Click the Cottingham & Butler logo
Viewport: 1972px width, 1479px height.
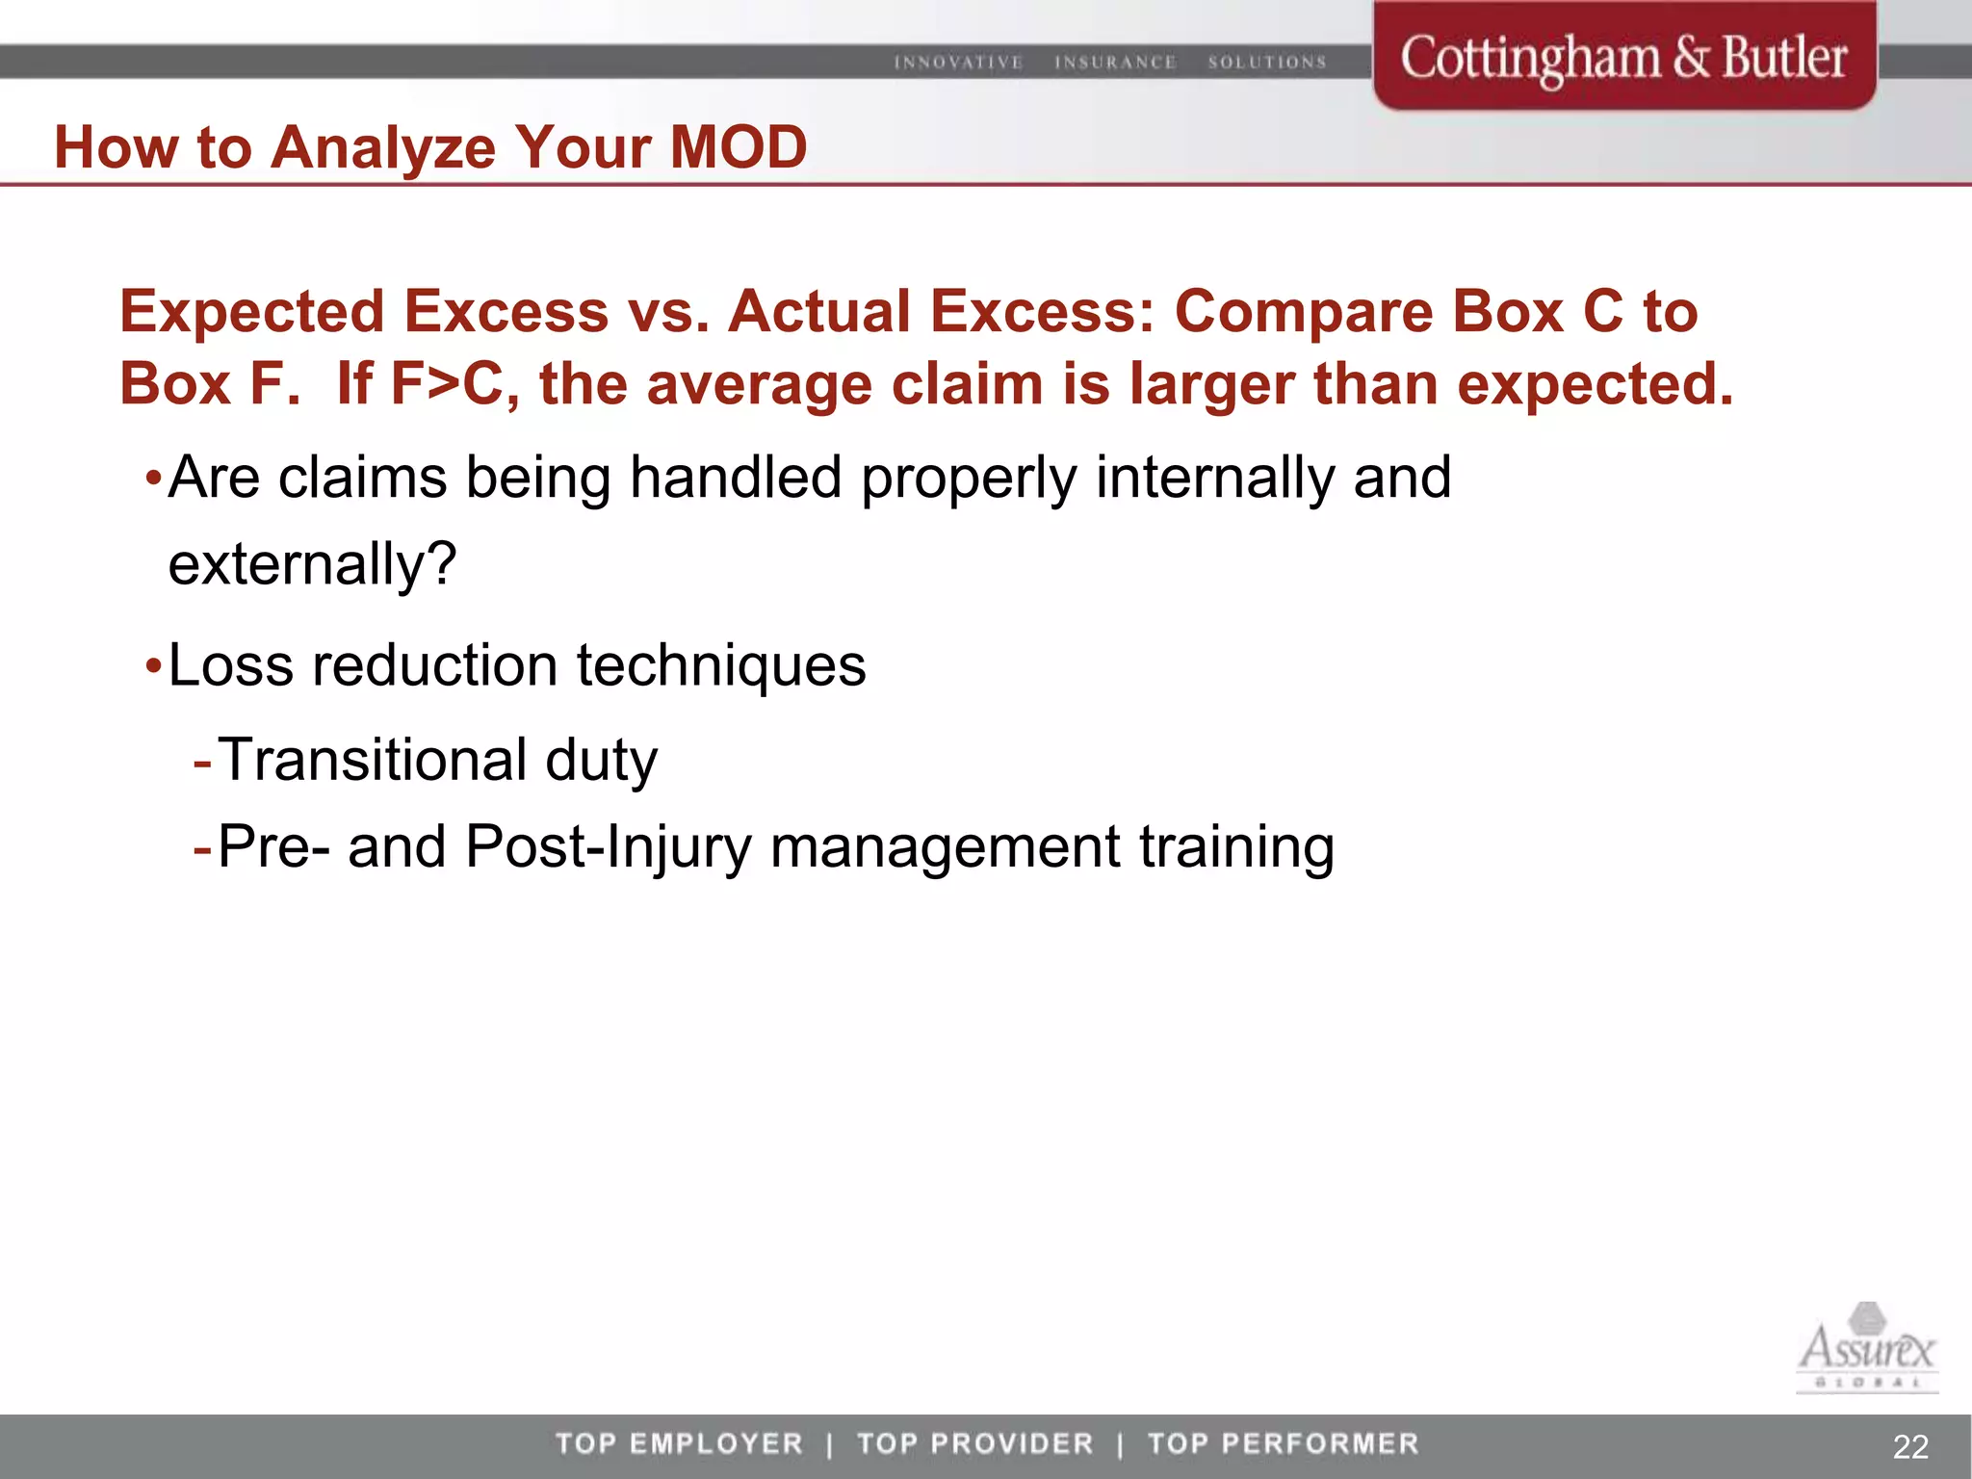[1623, 58]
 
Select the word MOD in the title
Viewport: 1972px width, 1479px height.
[738, 147]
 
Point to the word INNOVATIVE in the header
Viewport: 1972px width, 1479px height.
[958, 63]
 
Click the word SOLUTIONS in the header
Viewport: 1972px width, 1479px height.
[1267, 63]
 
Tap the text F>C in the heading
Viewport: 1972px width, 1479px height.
[447, 383]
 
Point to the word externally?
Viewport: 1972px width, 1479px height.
[312, 563]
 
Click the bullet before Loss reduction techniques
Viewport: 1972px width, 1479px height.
[153, 666]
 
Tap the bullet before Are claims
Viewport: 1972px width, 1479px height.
[153, 479]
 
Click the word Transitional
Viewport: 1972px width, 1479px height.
[373, 760]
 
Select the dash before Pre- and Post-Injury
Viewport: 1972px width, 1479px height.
[202, 847]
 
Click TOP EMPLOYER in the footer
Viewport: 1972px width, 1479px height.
[679, 1443]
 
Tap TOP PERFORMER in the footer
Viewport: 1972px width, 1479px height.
[1283, 1443]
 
